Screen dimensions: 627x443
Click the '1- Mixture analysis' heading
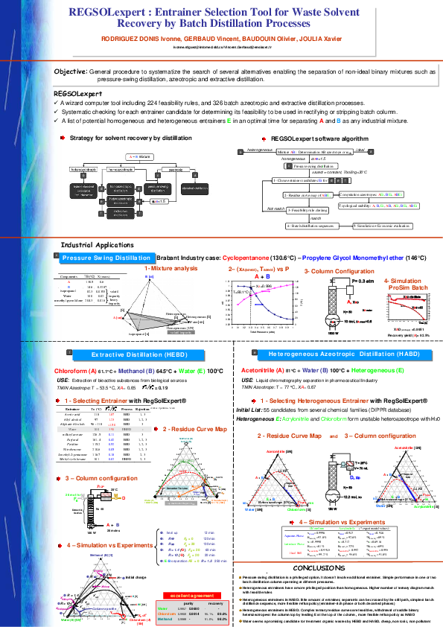point(170,267)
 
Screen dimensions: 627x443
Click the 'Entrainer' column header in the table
point(73,410)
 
